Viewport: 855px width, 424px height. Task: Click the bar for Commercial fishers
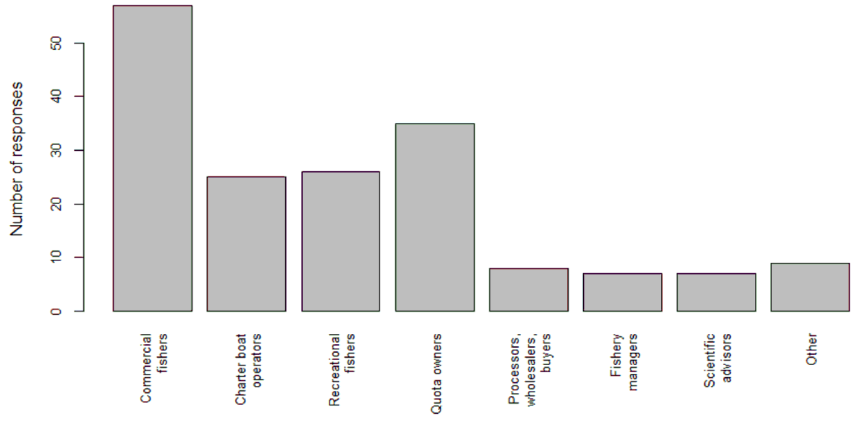pyautogui.click(x=152, y=158)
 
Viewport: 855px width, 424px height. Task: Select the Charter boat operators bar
pyautogui.click(x=247, y=244)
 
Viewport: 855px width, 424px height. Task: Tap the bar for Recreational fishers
pyautogui.click(x=341, y=241)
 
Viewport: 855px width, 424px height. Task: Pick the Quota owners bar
pyautogui.click(x=435, y=217)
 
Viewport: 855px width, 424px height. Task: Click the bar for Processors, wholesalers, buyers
pyautogui.click(x=529, y=289)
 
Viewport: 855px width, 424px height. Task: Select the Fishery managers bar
pyautogui.click(x=623, y=292)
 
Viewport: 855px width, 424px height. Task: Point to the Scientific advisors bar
pyautogui.click(x=717, y=292)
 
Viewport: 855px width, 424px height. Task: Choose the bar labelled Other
pyautogui.click(x=810, y=287)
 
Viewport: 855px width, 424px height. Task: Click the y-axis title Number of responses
pyautogui.click(x=17, y=158)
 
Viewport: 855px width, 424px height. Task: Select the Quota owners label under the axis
pyautogui.click(x=435, y=373)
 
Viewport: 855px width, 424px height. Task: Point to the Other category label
pyautogui.click(x=812, y=350)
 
